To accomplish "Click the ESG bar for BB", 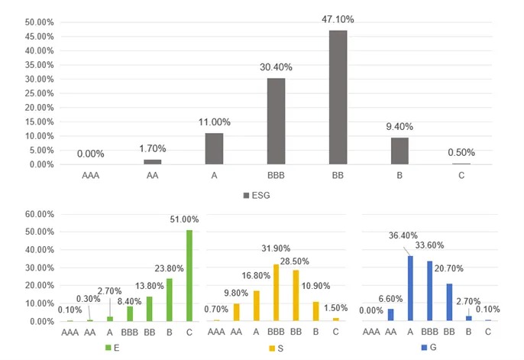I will coord(338,97).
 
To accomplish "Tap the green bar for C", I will coord(189,276).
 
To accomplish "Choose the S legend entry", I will coord(280,349).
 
